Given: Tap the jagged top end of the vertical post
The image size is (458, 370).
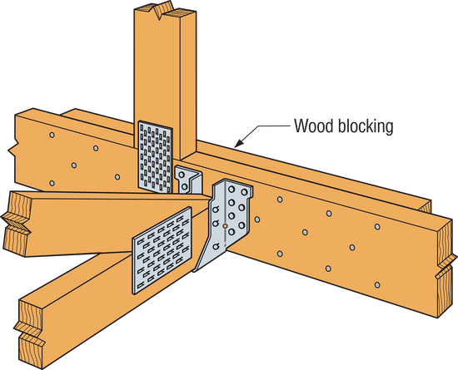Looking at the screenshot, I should (x=162, y=12).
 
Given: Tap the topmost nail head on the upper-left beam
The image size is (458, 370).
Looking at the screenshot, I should (x=52, y=134).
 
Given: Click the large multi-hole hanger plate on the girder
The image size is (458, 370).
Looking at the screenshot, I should (x=227, y=219).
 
